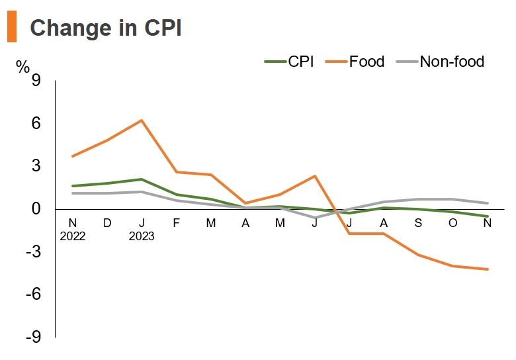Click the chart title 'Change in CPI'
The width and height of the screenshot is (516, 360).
pos(106,28)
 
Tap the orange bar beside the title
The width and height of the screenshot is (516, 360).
pos(11,28)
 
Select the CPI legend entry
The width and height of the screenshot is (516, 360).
pos(290,62)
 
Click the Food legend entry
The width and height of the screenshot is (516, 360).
pos(357,62)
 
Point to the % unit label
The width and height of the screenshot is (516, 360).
pos(23,66)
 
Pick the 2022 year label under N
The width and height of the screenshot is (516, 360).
pos(73,236)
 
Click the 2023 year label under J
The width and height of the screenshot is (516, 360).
pos(142,236)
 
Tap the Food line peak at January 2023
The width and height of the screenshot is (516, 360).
pos(142,120)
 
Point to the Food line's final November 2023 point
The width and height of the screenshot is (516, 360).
pos(488,269)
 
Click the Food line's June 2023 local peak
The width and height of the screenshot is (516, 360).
pos(315,176)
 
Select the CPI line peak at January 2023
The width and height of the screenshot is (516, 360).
pos(142,179)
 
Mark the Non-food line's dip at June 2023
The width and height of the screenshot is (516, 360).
pos(315,218)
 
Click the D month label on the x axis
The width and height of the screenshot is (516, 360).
pos(107,223)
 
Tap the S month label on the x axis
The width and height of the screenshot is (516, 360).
pos(418,223)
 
